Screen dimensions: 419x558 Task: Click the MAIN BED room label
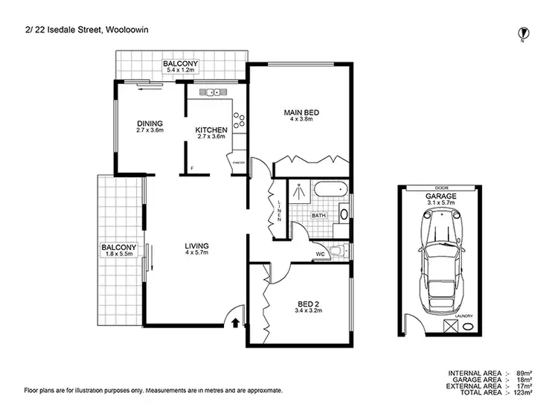coord(301,113)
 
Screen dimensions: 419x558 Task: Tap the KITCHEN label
coord(211,130)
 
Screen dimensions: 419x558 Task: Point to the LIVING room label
coord(196,246)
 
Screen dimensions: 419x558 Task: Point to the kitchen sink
coord(214,93)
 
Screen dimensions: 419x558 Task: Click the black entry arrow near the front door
coord(236,323)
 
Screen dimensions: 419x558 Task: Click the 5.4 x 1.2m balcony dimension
coord(181,72)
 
